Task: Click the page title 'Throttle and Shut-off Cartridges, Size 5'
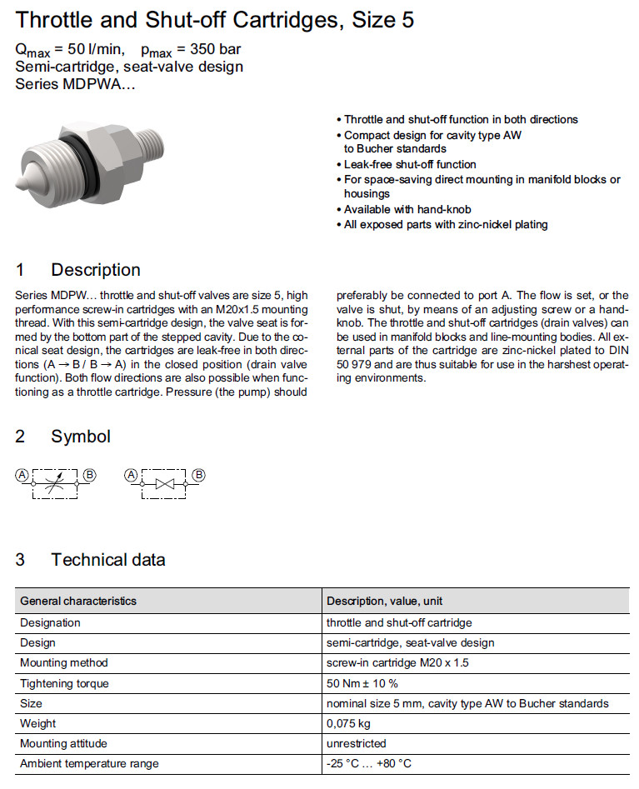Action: tap(215, 19)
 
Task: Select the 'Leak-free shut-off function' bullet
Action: tap(409, 164)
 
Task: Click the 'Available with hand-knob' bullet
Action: tap(408, 209)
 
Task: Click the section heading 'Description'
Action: tap(96, 270)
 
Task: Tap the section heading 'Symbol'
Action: tap(81, 437)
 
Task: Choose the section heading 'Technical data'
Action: tap(108, 560)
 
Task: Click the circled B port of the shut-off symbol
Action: tap(199, 475)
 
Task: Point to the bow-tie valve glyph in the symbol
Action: tap(166, 482)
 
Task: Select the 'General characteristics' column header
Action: tap(78, 601)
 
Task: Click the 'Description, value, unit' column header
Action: tap(385, 601)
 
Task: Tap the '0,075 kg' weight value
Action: tap(348, 723)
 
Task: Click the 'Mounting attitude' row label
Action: tap(63, 743)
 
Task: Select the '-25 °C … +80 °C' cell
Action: tap(369, 763)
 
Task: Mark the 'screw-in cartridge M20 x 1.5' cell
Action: tap(397, 663)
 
